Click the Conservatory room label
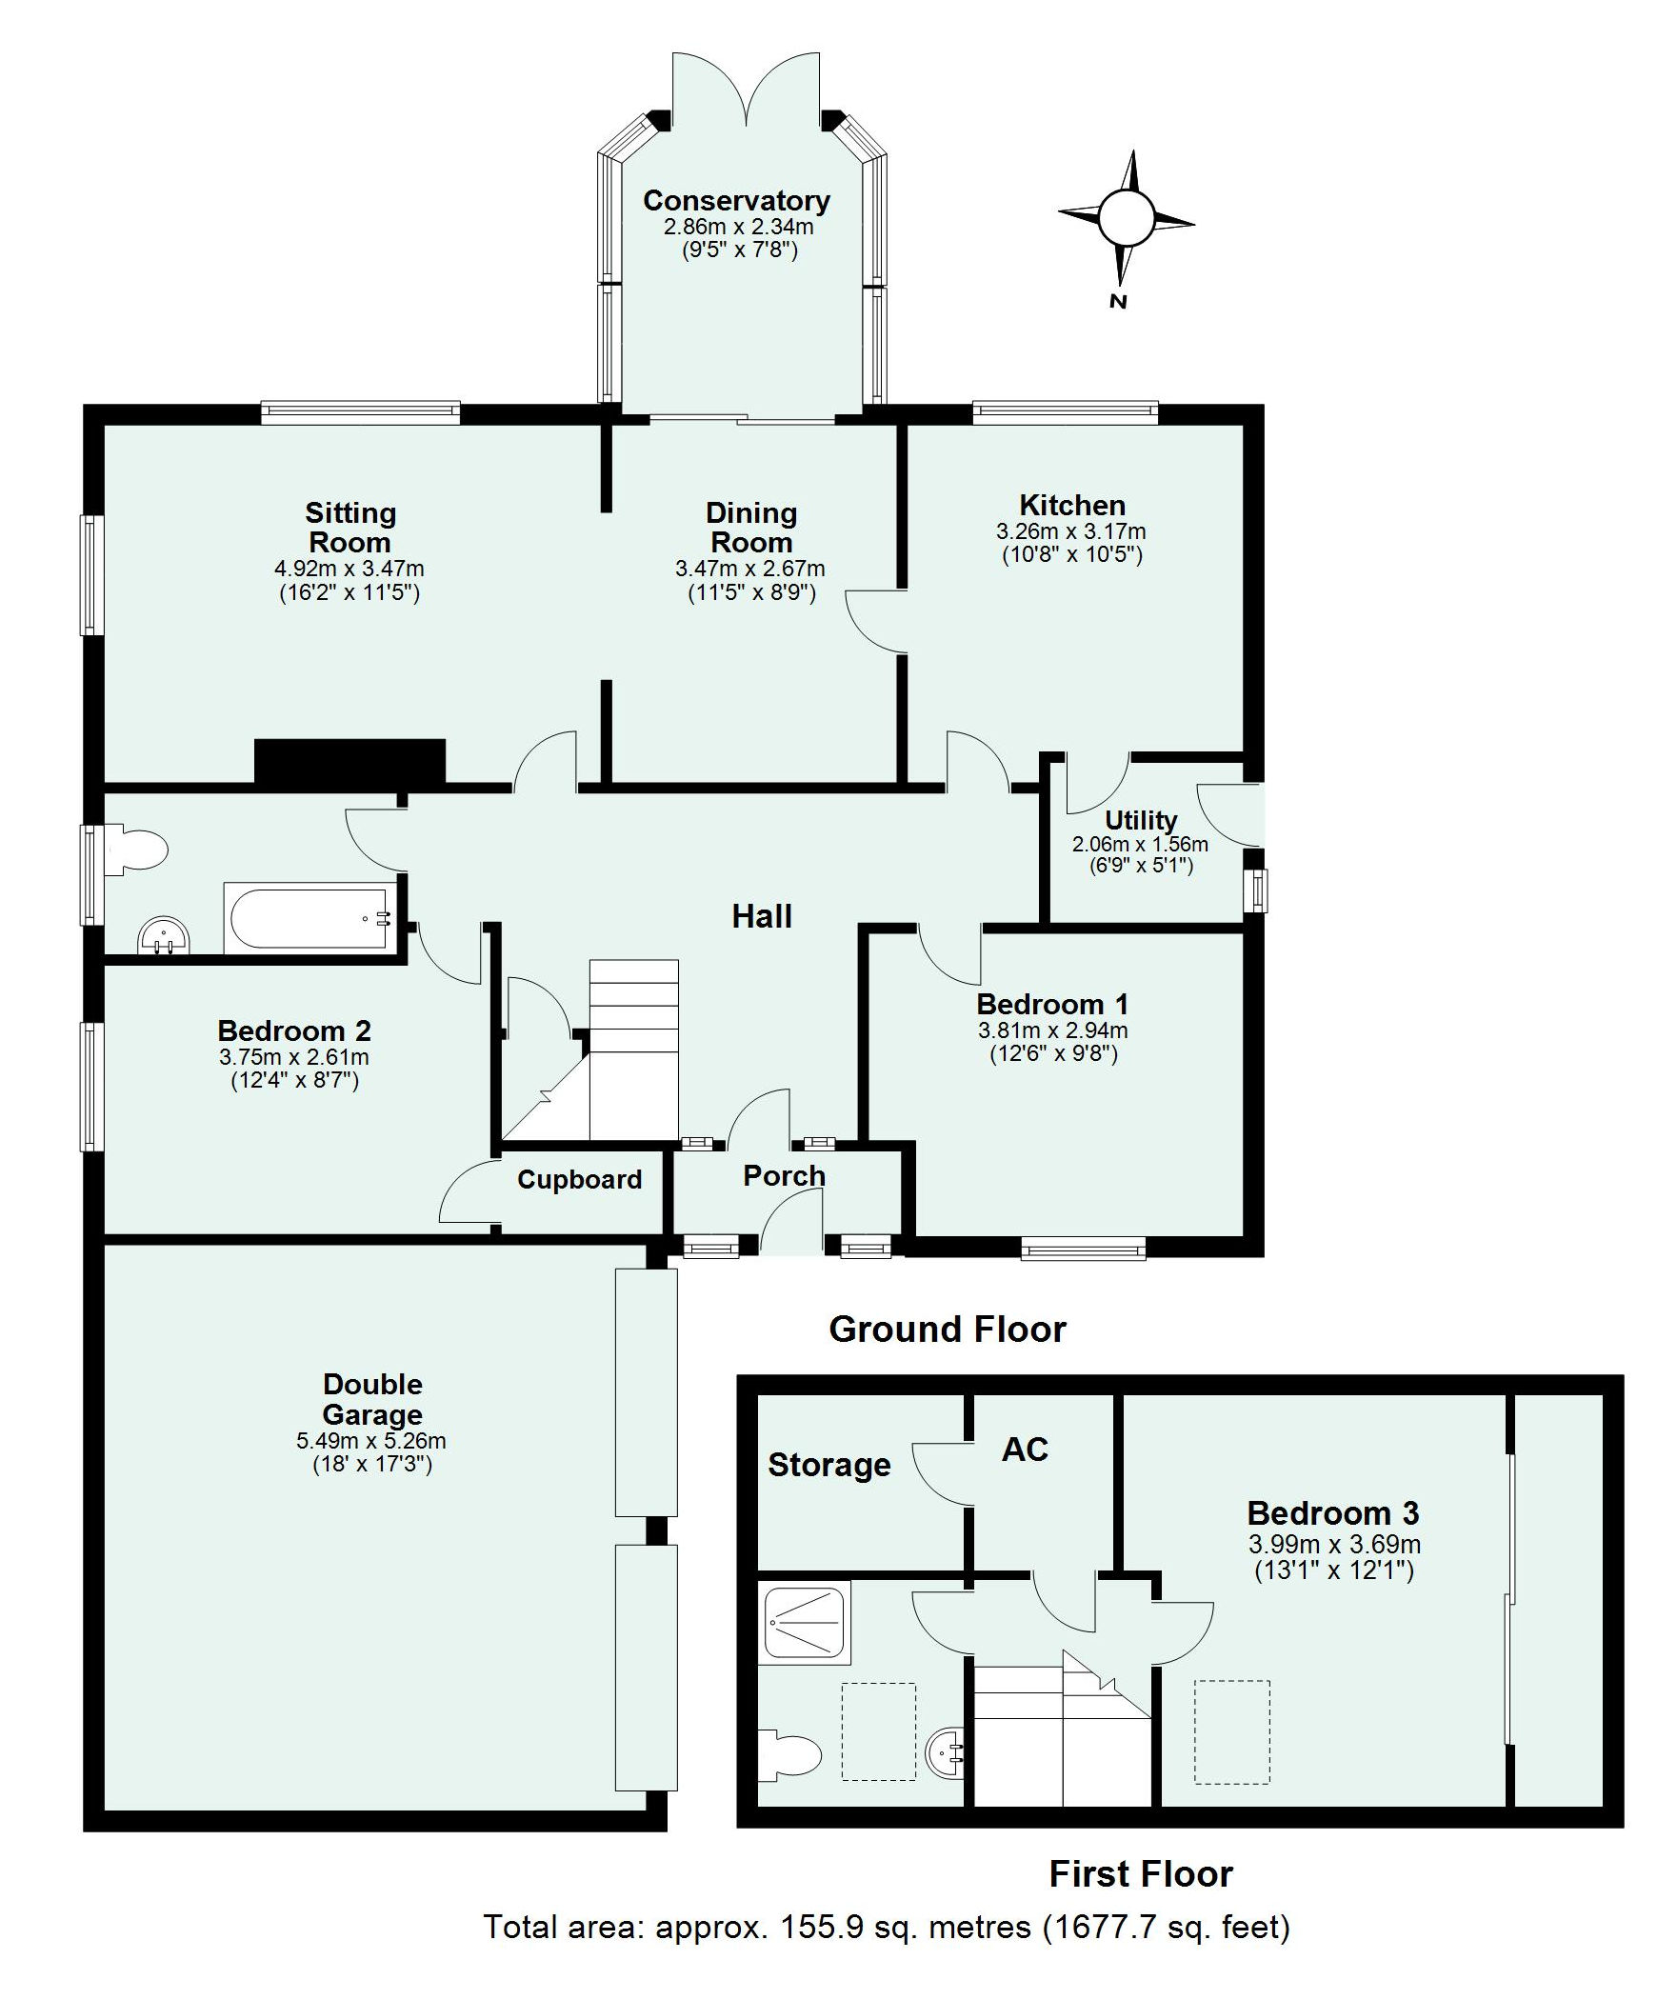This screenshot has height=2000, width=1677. (736, 201)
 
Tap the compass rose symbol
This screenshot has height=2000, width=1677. (1127, 219)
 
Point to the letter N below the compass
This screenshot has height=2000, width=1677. (1119, 302)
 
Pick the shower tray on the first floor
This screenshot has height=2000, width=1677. (804, 1621)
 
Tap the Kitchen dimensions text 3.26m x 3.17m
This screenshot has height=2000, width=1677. (1071, 531)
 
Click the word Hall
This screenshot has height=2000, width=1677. (762, 916)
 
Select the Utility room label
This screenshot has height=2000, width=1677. (1141, 820)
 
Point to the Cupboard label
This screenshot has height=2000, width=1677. (579, 1180)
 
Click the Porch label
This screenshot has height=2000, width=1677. (784, 1176)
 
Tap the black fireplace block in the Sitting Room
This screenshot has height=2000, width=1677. (350, 762)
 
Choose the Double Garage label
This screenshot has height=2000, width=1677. (372, 1399)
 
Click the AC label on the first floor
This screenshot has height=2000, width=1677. (1025, 1450)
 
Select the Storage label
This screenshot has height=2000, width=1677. (829, 1465)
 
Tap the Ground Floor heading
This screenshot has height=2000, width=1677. (948, 1330)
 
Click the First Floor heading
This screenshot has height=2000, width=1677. (1141, 1874)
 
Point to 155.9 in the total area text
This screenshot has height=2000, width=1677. (822, 1928)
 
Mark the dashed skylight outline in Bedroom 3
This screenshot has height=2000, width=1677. (1232, 1732)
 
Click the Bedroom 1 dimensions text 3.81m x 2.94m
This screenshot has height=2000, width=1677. (1052, 1030)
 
